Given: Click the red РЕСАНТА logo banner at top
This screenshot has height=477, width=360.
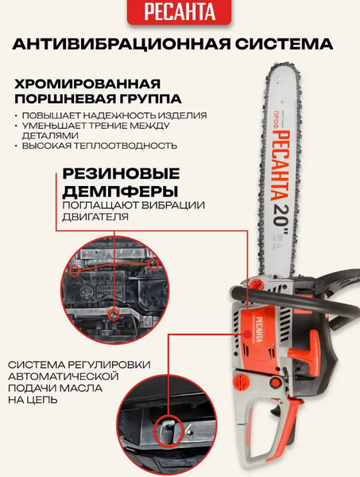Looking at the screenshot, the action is click(x=180, y=11).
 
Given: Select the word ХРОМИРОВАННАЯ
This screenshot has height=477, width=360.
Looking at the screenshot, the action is click(x=87, y=83).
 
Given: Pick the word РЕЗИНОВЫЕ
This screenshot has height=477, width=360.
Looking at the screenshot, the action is click(x=121, y=173).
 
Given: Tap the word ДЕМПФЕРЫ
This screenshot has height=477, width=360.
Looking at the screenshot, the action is click(x=121, y=192).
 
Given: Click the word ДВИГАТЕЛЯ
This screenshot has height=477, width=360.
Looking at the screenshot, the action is click(x=95, y=217).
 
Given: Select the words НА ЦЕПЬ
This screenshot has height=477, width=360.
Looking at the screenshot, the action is click(x=33, y=399).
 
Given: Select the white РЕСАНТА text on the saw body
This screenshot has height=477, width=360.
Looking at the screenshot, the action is click(x=259, y=329).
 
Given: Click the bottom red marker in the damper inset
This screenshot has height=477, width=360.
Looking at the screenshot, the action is click(x=114, y=315).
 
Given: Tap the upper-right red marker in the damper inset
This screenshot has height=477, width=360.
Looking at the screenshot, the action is click(x=153, y=264).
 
